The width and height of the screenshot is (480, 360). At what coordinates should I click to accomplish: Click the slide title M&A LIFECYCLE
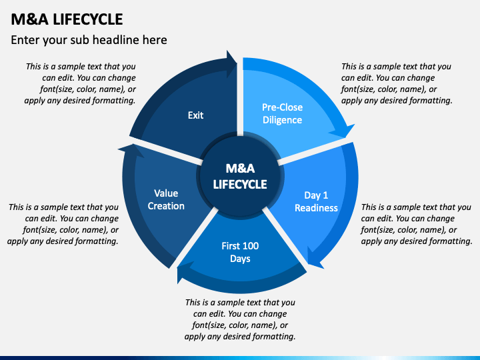[67, 18]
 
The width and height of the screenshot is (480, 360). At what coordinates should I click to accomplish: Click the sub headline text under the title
[89, 40]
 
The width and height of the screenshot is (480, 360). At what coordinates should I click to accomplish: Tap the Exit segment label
[195, 115]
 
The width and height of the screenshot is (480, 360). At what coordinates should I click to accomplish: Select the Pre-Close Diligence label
[282, 113]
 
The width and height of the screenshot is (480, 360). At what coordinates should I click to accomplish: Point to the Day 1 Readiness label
[316, 201]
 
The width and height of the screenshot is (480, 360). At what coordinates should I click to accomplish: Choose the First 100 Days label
[240, 252]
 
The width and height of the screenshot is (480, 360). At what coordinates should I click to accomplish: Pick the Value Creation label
[166, 200]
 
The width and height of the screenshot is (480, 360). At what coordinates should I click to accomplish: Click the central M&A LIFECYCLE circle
[240, 177]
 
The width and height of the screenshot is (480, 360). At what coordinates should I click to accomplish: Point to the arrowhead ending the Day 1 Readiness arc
[313, 257]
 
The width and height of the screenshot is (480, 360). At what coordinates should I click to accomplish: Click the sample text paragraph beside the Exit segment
[80, 83]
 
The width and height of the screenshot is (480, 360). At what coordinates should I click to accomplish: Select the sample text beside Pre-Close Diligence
[397, 83]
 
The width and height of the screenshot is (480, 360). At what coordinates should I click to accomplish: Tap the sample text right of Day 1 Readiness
[416, 224]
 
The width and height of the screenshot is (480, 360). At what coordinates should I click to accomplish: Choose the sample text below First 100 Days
[240, 319]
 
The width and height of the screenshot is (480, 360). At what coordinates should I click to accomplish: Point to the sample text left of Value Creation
[63, 224]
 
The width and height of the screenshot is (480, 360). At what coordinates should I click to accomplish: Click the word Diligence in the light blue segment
[282, 120]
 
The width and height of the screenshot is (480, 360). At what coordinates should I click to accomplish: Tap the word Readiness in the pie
[316, 208]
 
